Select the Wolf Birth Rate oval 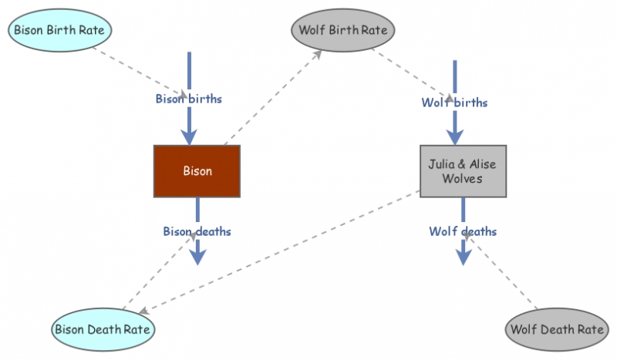(x=344, y=30)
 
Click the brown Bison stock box (x=197, y=170)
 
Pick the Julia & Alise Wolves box (x=463, y=170)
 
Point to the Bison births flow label (x=189, y=99)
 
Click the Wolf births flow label (x=454, y=102)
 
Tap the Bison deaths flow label (x=197, y=230)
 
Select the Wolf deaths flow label (x=463, y=230)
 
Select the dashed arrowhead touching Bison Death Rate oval (x=143, y=311)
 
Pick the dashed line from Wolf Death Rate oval (x=505, y=274)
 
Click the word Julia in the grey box (x=443, y=163)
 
